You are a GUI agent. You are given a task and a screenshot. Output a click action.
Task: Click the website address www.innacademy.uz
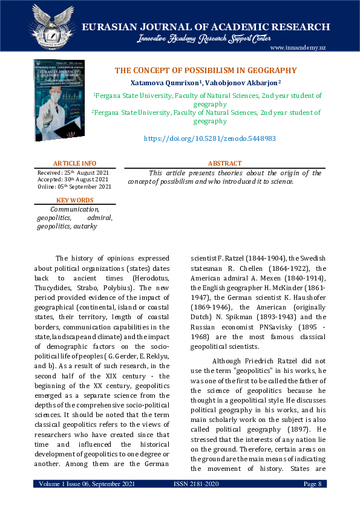(298, 48)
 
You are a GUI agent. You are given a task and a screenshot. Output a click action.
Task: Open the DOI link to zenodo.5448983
(209, 138)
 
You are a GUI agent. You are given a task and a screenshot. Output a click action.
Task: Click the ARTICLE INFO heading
(74, 163)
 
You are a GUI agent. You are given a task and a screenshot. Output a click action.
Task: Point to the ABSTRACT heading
(224, 163)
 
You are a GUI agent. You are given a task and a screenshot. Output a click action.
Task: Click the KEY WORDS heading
(74, 200)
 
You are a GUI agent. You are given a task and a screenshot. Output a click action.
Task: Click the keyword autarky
(85, 225)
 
